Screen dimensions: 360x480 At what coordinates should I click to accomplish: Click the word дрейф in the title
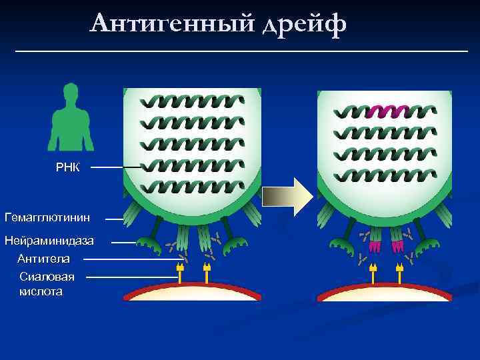click(303, 25)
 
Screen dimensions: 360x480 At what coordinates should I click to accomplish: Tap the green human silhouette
click(70, 123)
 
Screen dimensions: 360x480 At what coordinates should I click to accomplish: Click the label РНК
click(67, 167)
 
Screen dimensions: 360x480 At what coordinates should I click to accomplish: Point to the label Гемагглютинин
click(47, 217)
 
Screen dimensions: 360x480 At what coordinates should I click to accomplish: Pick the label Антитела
click(43, 259)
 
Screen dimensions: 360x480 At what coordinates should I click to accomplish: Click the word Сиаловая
click(47, 277)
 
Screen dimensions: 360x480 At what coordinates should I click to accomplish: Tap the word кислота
click(41, 292)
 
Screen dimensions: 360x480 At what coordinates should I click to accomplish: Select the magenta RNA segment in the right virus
click(387, 111)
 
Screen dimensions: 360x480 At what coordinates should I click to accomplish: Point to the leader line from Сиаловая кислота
click(130, 277)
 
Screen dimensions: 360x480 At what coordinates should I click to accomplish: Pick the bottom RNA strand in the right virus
click(384, 176)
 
